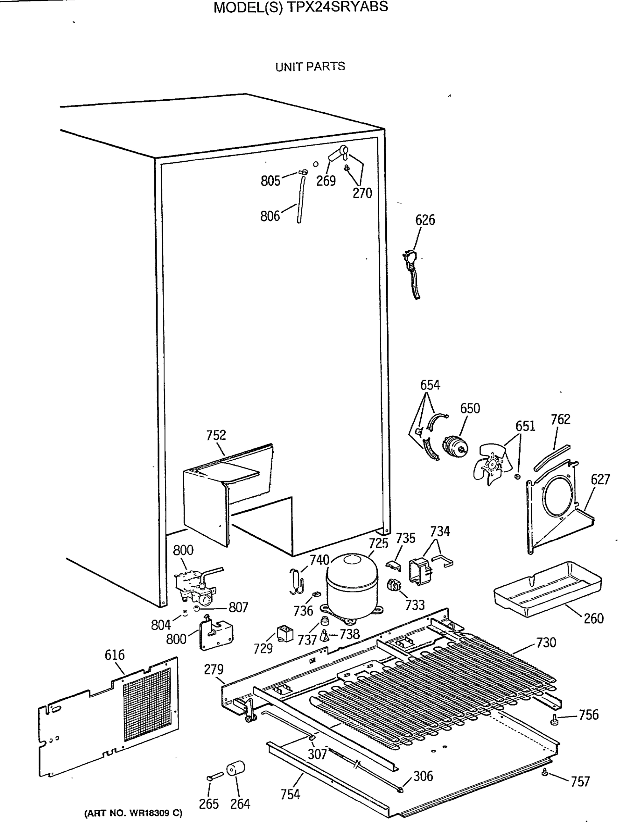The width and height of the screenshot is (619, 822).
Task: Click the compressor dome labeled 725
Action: point(351,587)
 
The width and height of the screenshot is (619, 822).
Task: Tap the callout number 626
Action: point(425,220)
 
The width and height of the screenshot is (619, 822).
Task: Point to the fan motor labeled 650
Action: point(454,446)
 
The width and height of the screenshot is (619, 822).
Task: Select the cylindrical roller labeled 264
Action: point(235,769)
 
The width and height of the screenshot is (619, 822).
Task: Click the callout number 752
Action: point(216,435)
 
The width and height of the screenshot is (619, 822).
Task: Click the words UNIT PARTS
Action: point(310,67)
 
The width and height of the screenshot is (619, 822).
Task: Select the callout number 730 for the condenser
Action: point(546,643)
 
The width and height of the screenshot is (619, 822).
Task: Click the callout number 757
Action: point(580,782)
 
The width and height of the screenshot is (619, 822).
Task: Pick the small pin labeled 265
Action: point(214,776)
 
